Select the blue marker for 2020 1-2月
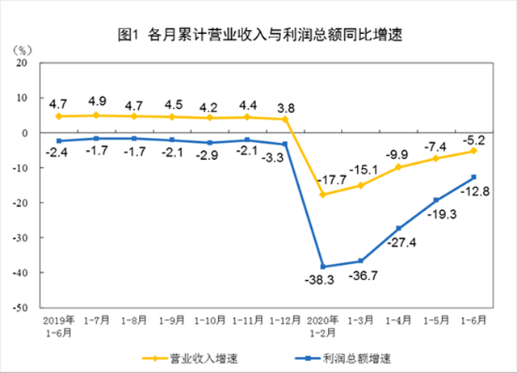click(x=323, y=266)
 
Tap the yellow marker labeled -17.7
click(x=323, y=195)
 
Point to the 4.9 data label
click(x=96, y=101)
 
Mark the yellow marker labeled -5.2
click(x=473, y=150)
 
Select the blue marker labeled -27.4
click(x=398, y=228)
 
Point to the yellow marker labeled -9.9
click(x=398, y=167)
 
